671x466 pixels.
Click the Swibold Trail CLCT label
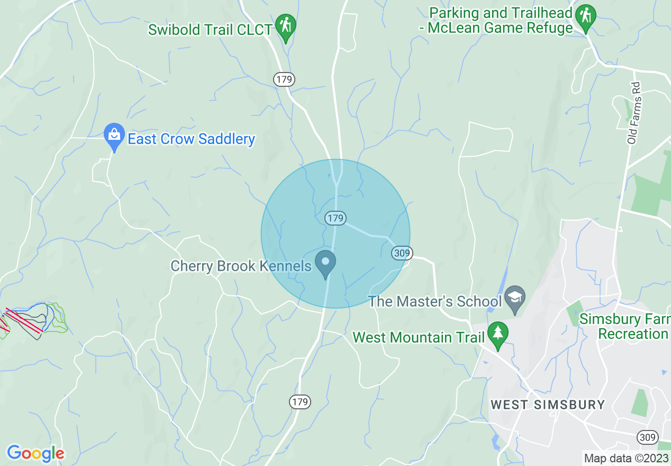pos(211,29)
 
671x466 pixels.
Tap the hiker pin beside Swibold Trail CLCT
pos(286,26)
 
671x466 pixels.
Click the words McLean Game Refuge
pos(500,28)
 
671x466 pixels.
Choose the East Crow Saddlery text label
pos(191,139)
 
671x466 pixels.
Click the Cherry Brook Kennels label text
pos(241,266)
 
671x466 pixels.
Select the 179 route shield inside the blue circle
pos(335,218)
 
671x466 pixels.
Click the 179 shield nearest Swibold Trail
pos(284,79)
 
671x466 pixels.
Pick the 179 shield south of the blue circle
pos(300,402)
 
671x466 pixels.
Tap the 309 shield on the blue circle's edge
pos(402,253)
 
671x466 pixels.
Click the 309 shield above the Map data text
pos(648,437)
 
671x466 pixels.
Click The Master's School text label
pos(435,301)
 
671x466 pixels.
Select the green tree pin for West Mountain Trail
pos(497,335)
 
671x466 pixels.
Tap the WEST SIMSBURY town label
pos(548,405)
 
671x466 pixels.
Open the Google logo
pos(35,453)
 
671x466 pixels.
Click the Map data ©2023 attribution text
pos(625,458)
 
